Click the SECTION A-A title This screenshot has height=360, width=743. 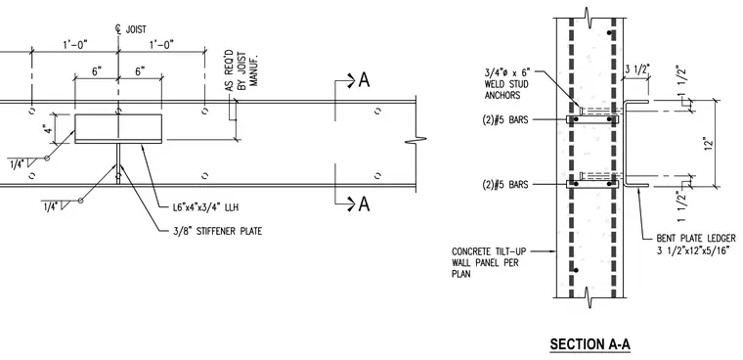pyautogui.click(x=590, y=344)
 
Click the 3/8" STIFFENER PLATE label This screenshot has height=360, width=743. pyautogui.click(x=217, y=232)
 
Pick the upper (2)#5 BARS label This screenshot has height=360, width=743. pyautogui.click(x=504, y=119)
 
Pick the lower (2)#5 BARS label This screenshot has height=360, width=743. pyautogui.click(x=504, y=185)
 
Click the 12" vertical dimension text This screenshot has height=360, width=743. pyautogui.click(x=709, y=143)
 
